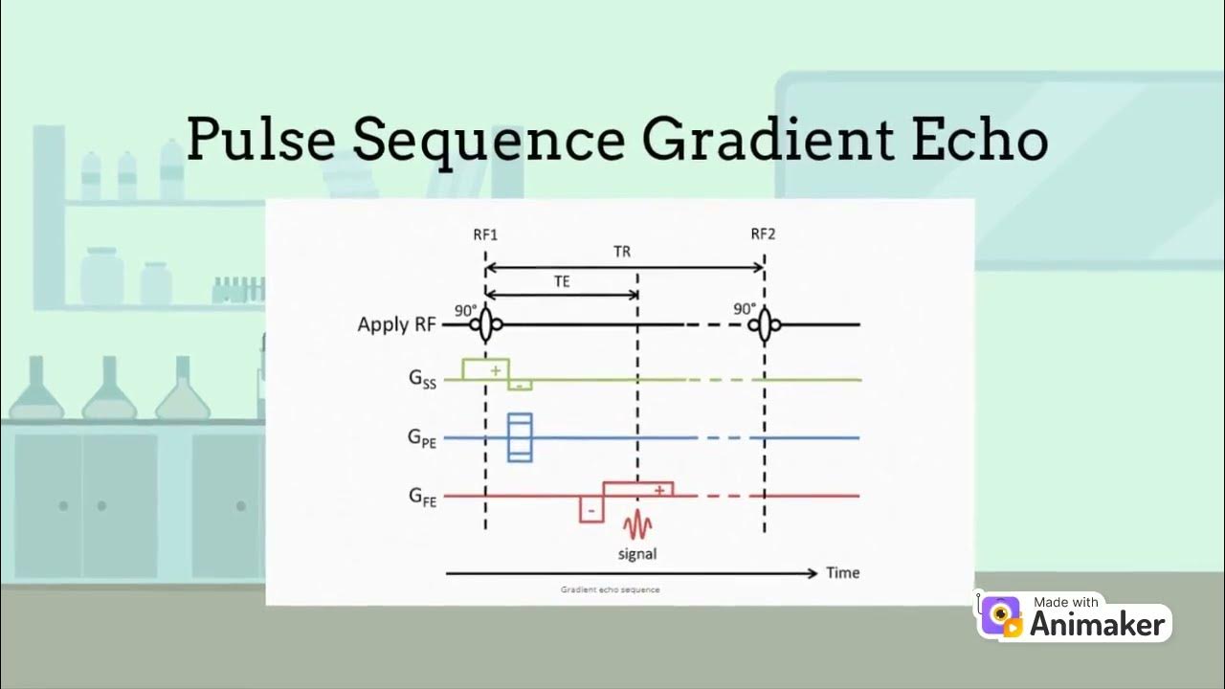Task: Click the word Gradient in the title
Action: coord(760,140)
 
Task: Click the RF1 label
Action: coord(485,233)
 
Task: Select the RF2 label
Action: coord(763,233)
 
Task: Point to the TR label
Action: coord(622,253)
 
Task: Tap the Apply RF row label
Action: coord(396,324)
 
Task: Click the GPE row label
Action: coord(422,438)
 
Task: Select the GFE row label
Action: coord(422,496)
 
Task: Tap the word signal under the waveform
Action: coord(636,553)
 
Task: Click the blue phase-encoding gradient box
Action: coord(520,437)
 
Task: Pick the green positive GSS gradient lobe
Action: coord(486,369)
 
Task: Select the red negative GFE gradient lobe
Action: coord(590,509)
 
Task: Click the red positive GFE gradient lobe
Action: coord(638,489)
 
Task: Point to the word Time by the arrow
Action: coord(842,573)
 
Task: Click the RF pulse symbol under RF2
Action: coord(764,325)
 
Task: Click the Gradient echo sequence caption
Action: coord(610,589)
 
